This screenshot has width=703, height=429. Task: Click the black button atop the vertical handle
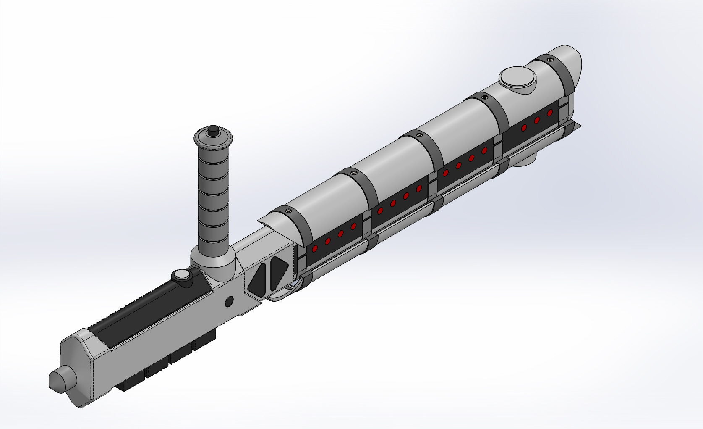[213, 130]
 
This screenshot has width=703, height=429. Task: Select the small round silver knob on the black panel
[182, 276]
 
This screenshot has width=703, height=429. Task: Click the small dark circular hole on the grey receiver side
[229, 301]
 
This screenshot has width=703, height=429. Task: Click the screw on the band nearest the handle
[288, 210]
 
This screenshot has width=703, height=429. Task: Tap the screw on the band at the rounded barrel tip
[550, 60]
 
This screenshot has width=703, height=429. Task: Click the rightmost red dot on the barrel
[550, 113]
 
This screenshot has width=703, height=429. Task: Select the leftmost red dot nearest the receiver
[314, 249]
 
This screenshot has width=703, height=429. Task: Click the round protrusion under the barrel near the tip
[525, 162]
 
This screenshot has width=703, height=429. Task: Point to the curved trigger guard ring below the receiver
[285, 294]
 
